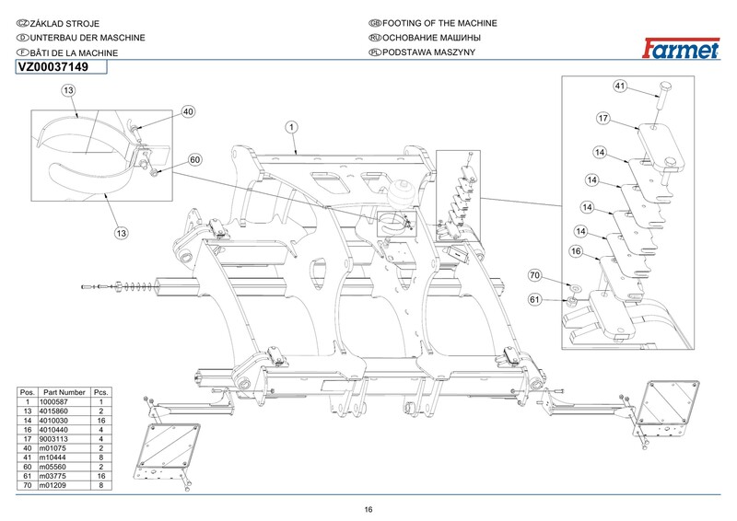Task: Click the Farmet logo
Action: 681,49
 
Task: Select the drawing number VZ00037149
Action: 53,67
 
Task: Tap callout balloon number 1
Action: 291,127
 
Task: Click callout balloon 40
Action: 188,111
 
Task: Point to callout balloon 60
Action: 195,160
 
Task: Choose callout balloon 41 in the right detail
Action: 620,86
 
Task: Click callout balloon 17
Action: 603,119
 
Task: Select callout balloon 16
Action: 577,251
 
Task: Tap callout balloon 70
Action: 535,275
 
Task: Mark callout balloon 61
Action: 535,300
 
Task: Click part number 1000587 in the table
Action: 53,401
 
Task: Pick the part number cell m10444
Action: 53,457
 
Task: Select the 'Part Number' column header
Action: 64,392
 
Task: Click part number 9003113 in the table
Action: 53,439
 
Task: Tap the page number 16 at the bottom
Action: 368,510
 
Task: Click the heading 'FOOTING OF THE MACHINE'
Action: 439,23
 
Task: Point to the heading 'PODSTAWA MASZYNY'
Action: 428,52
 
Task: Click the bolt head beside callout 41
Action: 665,87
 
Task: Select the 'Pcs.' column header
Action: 101,392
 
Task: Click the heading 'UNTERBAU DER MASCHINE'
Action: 88,38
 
